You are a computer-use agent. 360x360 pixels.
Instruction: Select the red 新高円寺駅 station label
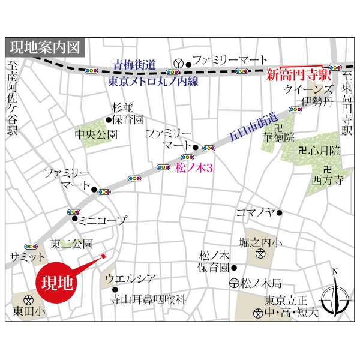(295, 76)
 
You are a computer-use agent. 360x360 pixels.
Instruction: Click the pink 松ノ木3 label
(195, 169)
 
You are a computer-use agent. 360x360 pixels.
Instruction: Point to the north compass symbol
(335, 295)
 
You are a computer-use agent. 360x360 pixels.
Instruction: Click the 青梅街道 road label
(134, 64)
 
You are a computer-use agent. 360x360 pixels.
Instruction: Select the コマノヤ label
(255, 212)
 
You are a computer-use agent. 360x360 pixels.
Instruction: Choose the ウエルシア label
(130, 278)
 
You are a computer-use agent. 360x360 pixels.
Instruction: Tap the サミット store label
(23, 256)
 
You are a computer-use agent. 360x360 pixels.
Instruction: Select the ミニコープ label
(102, 220)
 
